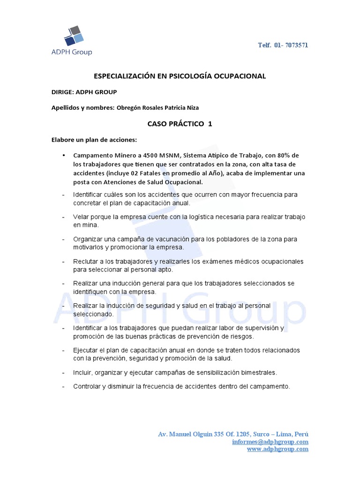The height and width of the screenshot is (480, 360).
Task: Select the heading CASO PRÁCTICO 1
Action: [180, 124]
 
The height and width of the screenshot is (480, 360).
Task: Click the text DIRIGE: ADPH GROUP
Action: [84, 92]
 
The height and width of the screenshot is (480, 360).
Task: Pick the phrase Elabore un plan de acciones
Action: [94, 140]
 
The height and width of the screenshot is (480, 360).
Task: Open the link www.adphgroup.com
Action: [277, 449]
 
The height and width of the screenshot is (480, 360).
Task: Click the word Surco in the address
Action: [256, 434]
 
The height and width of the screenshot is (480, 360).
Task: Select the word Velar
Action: [81, 217]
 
